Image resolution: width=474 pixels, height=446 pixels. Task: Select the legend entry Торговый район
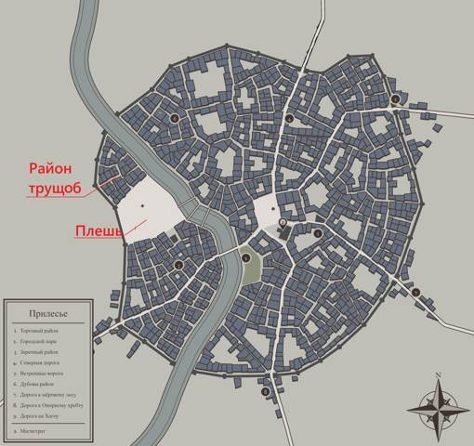point(43,330)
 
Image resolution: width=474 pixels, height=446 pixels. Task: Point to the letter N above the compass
point(438,375)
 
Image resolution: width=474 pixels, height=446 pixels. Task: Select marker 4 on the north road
point(289,120)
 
